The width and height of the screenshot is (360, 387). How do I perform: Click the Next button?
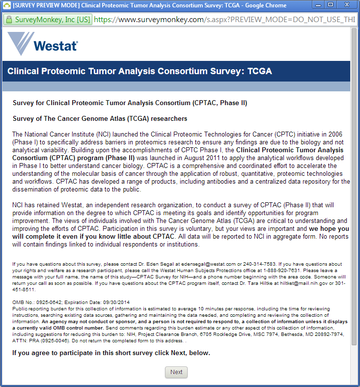pyautogui.click(x=176, y=372)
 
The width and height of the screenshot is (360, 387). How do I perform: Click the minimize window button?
pyautogui.click(x=318, y=5)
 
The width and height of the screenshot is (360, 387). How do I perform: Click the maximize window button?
pyautogui.click(x=330, y=5)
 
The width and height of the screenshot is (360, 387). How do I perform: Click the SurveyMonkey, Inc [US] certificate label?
pyautogui.click(x=52, y=20)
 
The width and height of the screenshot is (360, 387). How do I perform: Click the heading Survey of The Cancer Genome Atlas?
pyautogui.click(x=100, y=118)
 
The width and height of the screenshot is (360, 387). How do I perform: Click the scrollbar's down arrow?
pyautogui.click(x=355, y=383)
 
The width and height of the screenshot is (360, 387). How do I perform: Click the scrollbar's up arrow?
pyautogui.click(x=355, y=30)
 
